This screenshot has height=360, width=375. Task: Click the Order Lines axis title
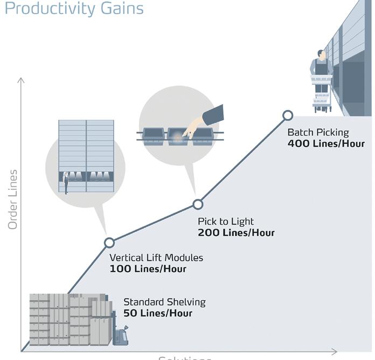click(13, 199)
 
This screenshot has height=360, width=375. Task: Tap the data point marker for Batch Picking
click(288, 115)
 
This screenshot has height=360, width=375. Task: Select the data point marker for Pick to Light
click(198, 204)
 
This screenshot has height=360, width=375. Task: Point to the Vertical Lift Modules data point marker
click(109, 243)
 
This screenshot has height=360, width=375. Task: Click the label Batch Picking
click(318, 133)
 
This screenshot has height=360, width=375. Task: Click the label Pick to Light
click(226, 221)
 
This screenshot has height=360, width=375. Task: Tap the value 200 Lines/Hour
click(236, 233)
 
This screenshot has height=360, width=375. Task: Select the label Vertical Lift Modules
click(156, 258)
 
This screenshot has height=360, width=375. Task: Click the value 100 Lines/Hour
click(148, 269)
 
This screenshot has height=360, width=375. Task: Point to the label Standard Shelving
click(164, 302)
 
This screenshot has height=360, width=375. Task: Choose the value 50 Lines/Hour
click(158, 313)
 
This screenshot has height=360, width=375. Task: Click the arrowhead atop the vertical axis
click(22, 81)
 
